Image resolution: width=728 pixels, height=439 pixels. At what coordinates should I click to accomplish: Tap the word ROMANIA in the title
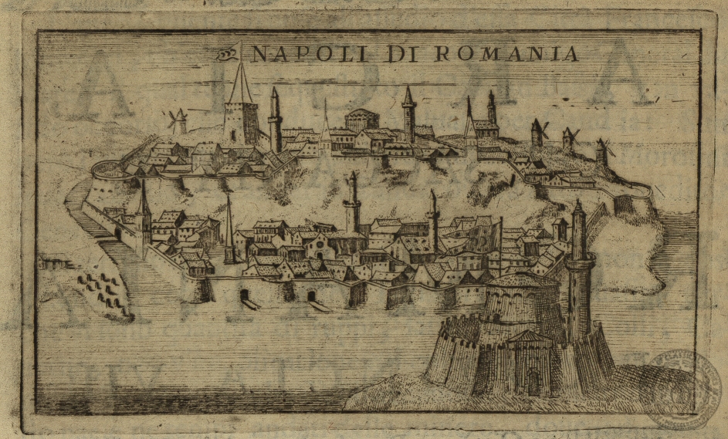tap(506, 54)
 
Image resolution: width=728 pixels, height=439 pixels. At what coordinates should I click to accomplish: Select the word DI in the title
tap(402, 54)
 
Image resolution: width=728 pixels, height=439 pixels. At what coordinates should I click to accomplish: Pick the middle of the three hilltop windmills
tap(570, 139)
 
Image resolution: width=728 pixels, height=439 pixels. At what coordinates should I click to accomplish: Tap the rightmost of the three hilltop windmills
tap(602, 150)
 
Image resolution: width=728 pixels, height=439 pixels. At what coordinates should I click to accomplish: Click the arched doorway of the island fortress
tap(532, 381)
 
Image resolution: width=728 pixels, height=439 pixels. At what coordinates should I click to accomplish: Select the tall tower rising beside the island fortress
tap(577, 270)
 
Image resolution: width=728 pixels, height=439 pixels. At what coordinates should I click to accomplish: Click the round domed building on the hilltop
tap(361, 119)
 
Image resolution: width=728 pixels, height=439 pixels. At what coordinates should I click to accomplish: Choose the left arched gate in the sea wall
tap(245, 295)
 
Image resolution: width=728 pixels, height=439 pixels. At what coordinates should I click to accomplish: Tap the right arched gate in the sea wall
tap(311, 295)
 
